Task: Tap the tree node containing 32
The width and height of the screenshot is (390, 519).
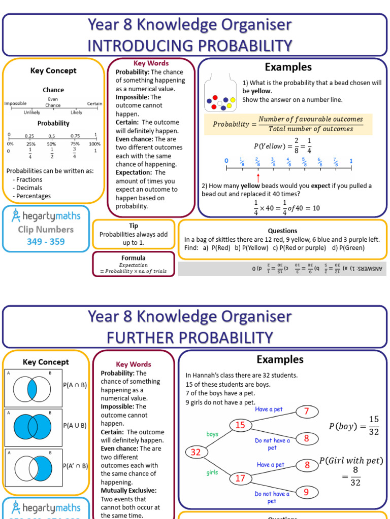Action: [196, 452]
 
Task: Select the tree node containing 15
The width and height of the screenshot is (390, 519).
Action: [240, 425]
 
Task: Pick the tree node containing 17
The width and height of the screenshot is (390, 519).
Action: [240, 478]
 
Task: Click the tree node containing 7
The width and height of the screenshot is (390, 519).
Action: [307, 411]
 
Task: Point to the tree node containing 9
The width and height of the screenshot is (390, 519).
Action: [307, 492]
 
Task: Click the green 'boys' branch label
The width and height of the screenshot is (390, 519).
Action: [212, 434]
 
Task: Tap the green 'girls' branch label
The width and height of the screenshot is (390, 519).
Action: [212, 472]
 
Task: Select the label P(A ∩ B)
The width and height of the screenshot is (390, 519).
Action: [75, 385]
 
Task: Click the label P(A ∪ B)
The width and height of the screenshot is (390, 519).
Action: [75, 425]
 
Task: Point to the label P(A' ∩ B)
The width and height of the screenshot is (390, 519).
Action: [76, 466]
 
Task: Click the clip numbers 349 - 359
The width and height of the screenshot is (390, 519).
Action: [46, 242]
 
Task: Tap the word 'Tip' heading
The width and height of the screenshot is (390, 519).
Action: [134, 226]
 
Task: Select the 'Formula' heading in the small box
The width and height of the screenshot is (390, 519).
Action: [134, 257]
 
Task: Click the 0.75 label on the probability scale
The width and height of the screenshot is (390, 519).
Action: [75, 136]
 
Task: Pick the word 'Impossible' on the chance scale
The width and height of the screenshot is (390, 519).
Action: [15, 103]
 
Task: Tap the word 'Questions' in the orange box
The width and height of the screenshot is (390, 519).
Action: [282, 231]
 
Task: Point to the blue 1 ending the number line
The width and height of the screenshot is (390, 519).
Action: [351, 161]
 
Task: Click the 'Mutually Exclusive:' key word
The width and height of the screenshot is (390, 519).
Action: [128, 491]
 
